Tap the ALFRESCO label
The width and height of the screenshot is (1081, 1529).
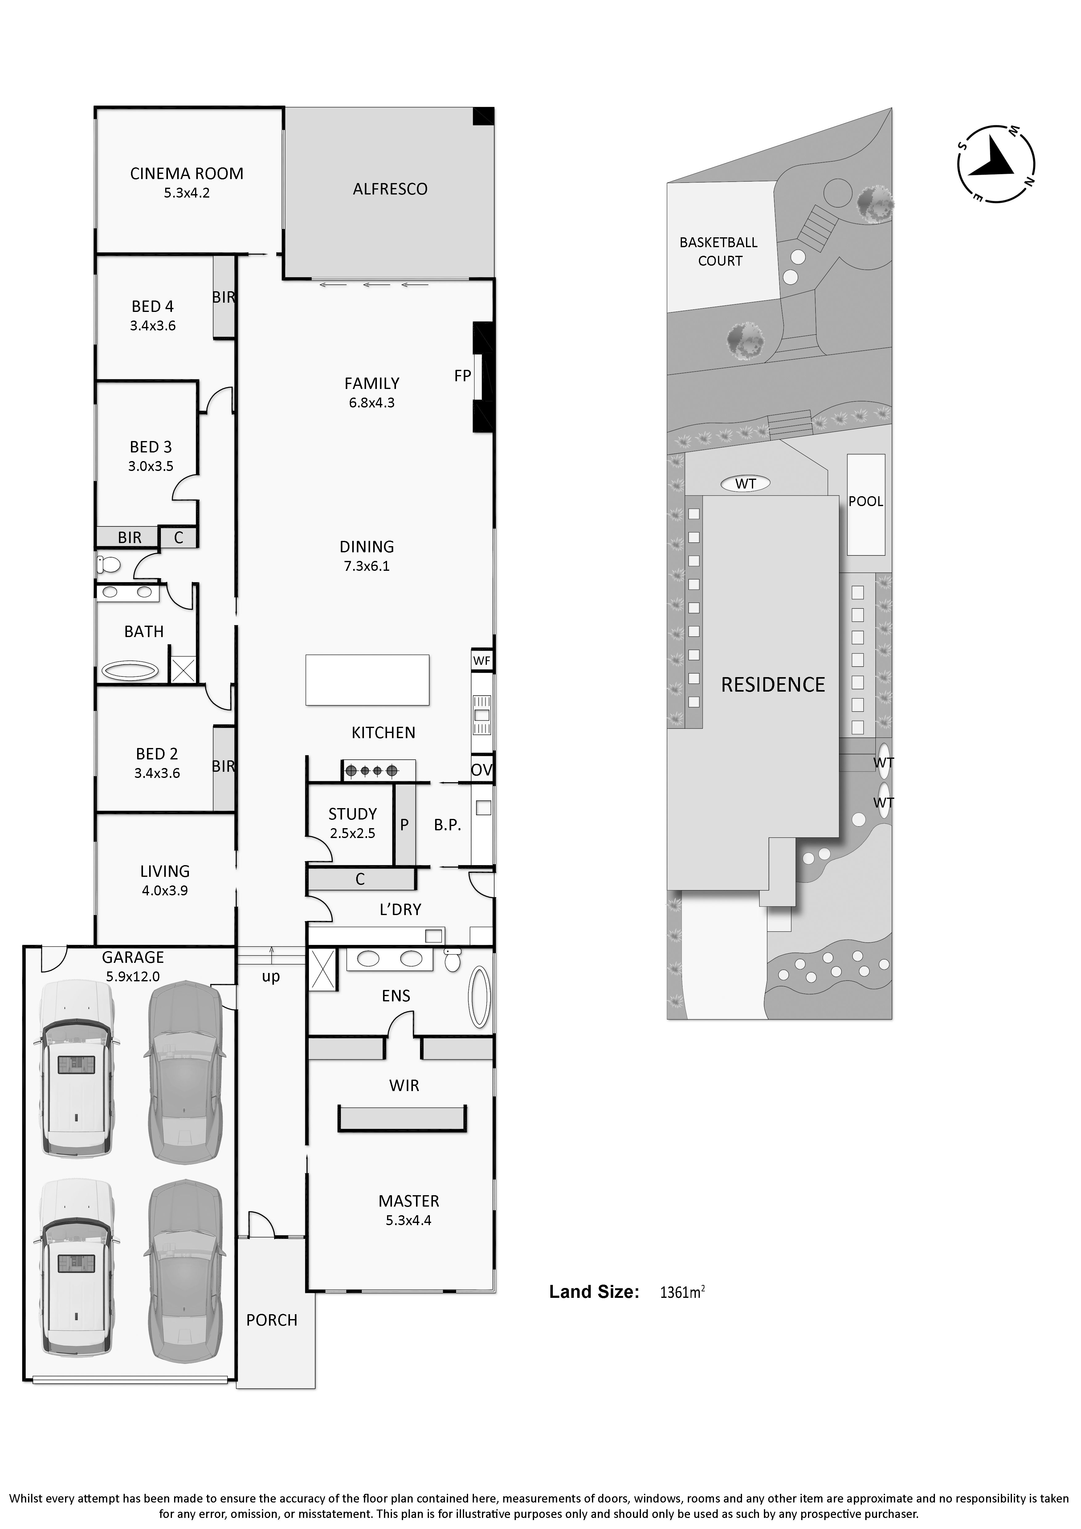[390, 189]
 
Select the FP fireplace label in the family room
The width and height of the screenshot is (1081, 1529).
[463, 376]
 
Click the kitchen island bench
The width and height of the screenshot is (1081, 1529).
[367, 680]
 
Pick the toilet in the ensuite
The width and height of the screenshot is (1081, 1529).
[453, 960]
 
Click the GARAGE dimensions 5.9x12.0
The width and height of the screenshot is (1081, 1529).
[133, 977]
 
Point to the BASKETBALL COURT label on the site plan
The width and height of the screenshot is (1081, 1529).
[719, 252]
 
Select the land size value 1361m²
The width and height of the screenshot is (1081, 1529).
[682, 1293]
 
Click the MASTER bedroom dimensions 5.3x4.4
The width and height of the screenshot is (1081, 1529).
[409, 1221]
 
